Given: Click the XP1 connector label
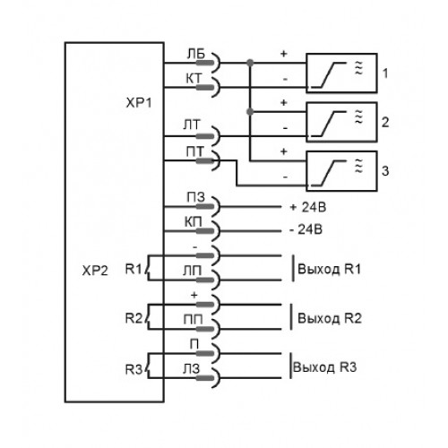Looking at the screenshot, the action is pos(139,103).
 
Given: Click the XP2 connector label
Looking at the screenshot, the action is pos(95,271).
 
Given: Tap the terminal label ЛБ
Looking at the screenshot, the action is pos(196,54).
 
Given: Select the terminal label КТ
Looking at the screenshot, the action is pos(194,79).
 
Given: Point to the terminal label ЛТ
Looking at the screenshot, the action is pos(191,125).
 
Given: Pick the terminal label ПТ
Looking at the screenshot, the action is pos(194,152).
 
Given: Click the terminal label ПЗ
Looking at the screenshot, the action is pos(195,197).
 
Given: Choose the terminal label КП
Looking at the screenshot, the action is pos(194,222).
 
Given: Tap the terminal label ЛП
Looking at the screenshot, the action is pos(193,271).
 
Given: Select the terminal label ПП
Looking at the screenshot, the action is pos(193,320).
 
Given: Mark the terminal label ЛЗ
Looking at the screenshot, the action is pos(191,369).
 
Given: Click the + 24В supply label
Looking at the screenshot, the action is pos(308,207).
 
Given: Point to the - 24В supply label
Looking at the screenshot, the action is pos(306,229).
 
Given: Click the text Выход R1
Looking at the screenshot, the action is pos(329,269).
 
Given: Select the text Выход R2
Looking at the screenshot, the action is pos(330,318).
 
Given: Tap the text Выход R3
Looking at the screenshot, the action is pos(325,367).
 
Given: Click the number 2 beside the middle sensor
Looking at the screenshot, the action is pos(385,122).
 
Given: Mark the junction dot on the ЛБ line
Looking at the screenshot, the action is pos(250,63).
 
